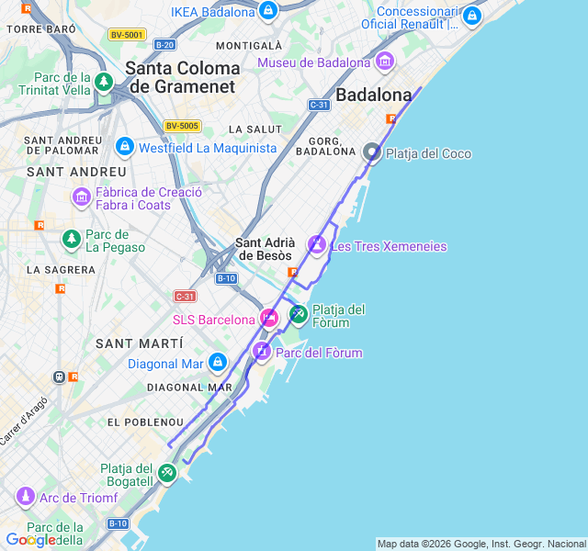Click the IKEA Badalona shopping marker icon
pos(268,11)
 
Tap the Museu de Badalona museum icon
pos(384,62)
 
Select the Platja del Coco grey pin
pos(372,152)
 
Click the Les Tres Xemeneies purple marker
pos(317,245)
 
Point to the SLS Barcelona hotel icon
pos(269,319)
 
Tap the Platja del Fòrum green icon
pos(298,315)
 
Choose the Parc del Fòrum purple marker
pos(262,352)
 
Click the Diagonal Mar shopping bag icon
pos(217,363)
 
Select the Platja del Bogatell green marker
pos(166,473)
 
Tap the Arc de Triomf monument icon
pos(25,498)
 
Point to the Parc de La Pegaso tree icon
pos(71,240)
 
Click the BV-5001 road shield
pos(127,35)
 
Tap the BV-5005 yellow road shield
pos(182,126)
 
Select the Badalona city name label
pos(373,95)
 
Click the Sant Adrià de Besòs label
pos(264,249)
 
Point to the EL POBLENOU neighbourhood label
pos(144,422)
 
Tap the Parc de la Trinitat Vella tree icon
pos(104,83)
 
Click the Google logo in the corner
pos(29,540)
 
